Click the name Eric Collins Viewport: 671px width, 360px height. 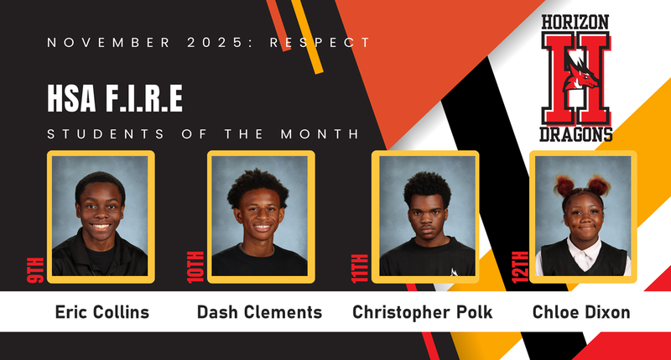pos(101,312)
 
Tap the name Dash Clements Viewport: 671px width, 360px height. pos(259,312)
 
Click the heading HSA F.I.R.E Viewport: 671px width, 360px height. pos(115,100)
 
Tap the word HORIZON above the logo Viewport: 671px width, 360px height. pos(575,22)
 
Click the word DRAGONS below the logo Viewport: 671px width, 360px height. pos(575,133)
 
